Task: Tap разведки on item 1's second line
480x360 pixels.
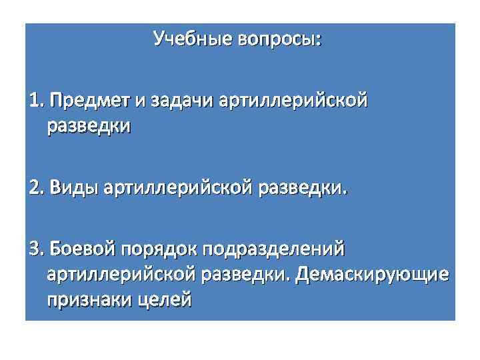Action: pos(89,125)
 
